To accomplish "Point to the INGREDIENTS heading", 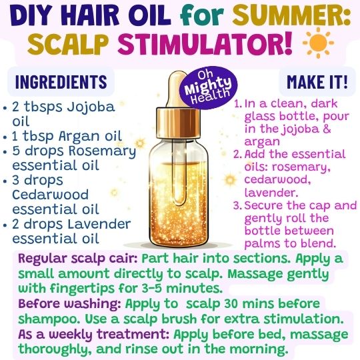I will coord(61,82).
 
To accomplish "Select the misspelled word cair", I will coord(127,259).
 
